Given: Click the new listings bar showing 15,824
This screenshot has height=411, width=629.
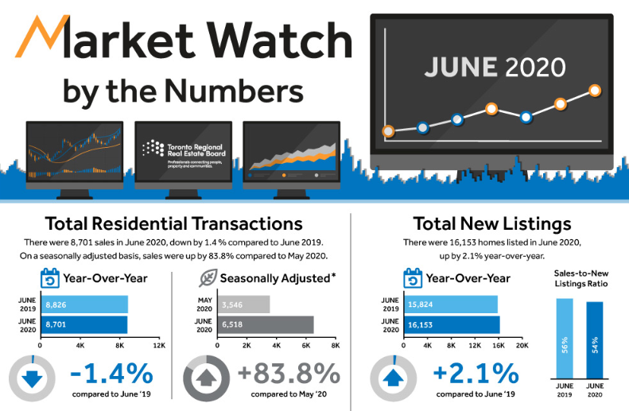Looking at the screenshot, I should (450, 304).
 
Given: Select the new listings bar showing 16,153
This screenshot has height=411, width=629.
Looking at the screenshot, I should (452, 324).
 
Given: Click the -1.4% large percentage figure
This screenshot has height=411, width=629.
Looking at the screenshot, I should (111, 373).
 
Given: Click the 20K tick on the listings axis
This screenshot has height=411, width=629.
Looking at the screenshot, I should (522, 347).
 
